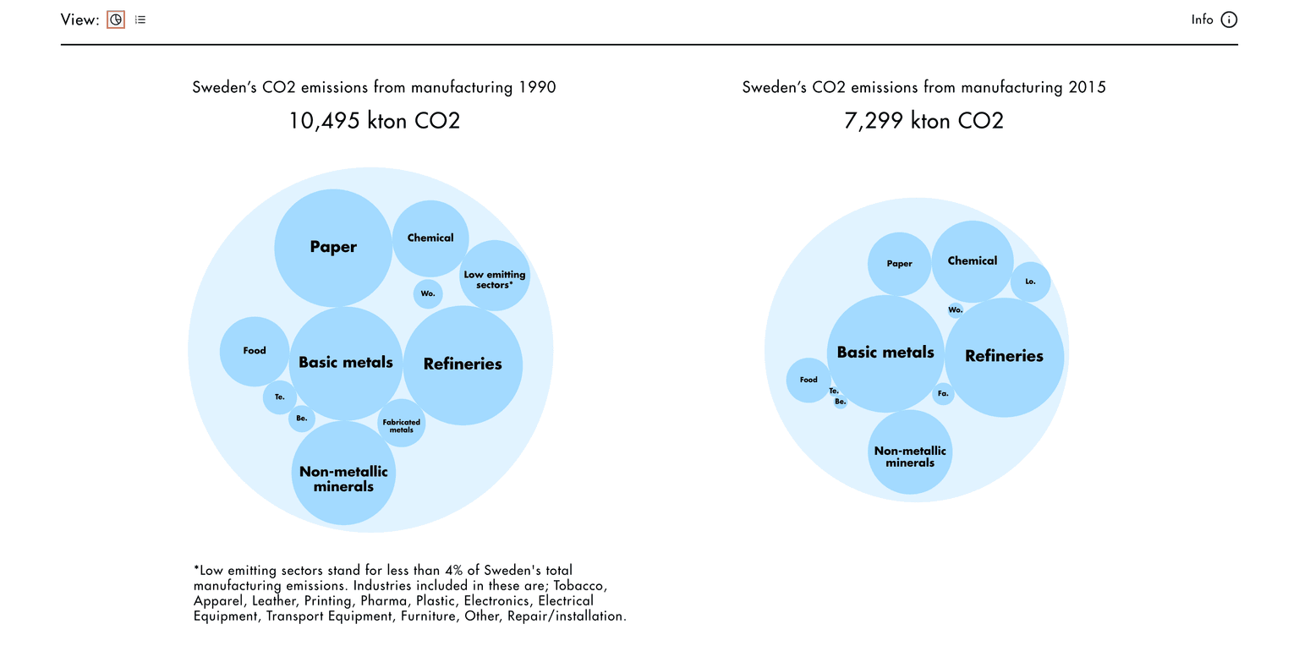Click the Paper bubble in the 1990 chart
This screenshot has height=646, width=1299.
coord(333,247)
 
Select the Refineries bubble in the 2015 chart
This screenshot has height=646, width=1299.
coord(1004,357)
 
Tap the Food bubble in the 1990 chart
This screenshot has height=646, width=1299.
coord(255,351)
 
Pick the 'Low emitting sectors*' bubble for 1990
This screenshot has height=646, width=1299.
coord(495,276)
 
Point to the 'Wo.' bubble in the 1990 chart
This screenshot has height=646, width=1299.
coord(428,294)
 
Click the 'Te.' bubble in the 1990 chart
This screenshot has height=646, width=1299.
coord(280,397)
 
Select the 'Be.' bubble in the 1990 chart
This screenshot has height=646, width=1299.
coord(302,419)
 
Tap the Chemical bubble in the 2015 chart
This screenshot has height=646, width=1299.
coord(973,261)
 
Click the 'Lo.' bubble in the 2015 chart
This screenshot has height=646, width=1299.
coord(1030,282)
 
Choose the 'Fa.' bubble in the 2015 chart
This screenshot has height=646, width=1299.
coord(943,394)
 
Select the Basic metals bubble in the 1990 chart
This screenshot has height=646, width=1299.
coord(346,363)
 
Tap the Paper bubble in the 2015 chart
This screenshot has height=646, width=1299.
coord(899,264)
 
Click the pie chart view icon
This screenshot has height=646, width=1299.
coord(116,19)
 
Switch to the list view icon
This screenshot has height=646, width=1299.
coord(140,19)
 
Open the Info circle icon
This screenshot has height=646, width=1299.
coord(1229,19)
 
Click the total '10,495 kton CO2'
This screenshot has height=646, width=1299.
coord(374,121)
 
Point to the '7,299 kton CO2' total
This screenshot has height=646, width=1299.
coord(924,121)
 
